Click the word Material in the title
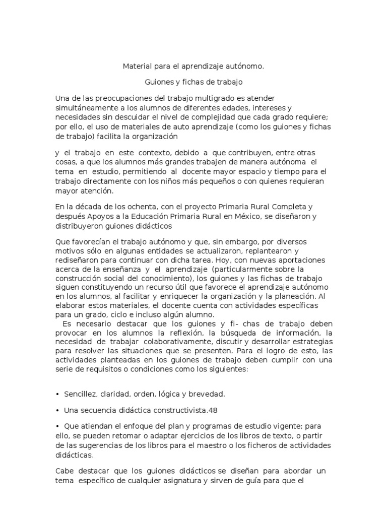point(138,66)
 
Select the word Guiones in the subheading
point(159,81)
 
